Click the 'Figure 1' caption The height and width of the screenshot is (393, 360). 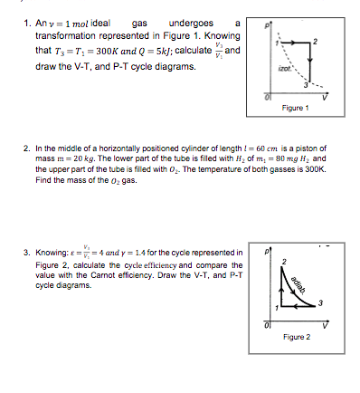pyautogui.click(x=297, y=108)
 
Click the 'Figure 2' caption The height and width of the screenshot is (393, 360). pyautogui.click(x=297, y=337)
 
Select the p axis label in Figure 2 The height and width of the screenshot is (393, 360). pyautogui.click(x=267, y=244)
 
